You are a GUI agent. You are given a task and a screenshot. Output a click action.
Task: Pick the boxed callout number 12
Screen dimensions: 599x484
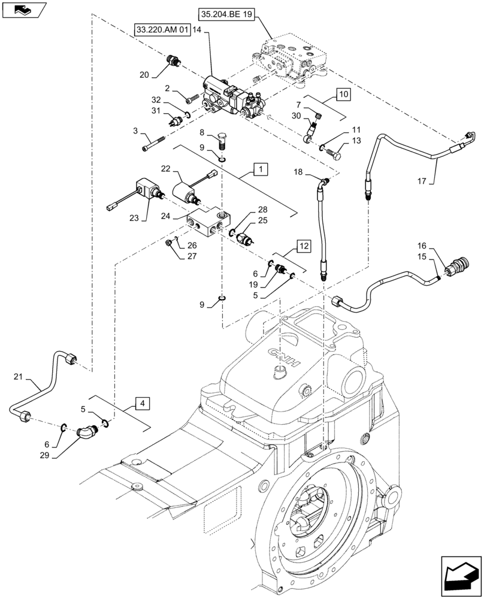(x=304, y=246)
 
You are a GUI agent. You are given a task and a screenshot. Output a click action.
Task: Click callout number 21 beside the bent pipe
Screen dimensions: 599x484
(x=19, y=376)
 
